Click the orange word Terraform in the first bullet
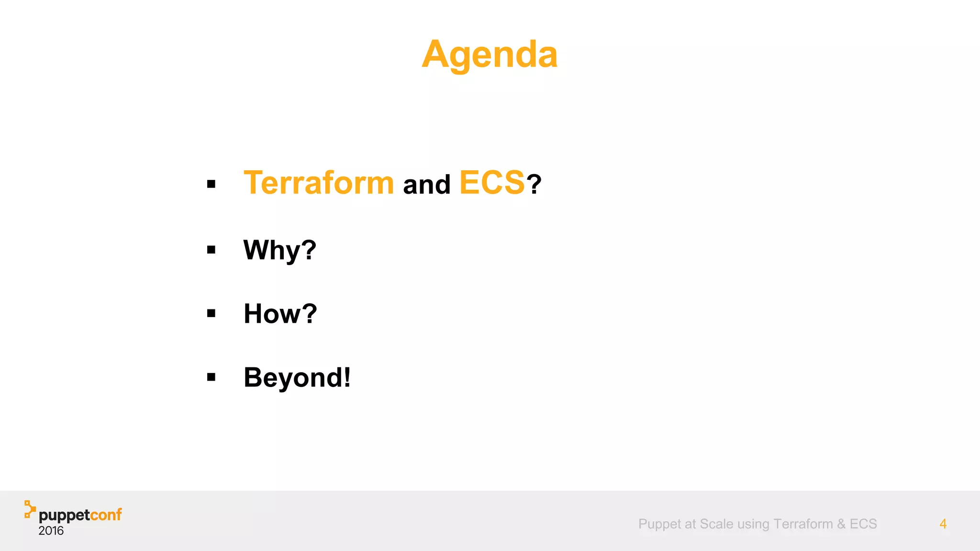319,183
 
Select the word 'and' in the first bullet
427,185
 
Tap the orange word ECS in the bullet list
492,183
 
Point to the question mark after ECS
534,185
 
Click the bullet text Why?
280,250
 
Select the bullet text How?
280,314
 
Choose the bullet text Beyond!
297,377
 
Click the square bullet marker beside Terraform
212,184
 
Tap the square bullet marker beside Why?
212,250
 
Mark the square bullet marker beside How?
212,313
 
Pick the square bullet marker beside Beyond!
212,377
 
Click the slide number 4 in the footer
943,524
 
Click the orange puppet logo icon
30,509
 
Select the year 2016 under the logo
51,531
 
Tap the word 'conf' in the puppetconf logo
106,515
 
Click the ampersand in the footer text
841,524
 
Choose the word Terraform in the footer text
803,524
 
